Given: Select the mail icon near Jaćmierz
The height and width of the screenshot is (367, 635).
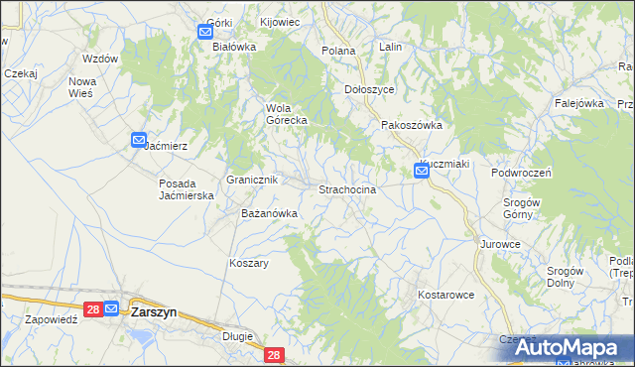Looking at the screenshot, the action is (x=139, y=141).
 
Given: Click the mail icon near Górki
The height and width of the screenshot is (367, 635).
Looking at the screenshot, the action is (x=205, y=31).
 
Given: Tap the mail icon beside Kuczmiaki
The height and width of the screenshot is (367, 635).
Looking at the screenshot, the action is (x=421, y=172).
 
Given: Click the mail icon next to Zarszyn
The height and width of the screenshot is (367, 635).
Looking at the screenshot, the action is (x=111, y=309).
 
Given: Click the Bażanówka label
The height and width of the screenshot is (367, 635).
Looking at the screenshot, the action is (x=270, y=213).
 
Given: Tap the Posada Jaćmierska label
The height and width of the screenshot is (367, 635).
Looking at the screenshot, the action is (x=187, y=189).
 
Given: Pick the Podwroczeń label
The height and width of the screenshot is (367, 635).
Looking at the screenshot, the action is (x=521, y=172).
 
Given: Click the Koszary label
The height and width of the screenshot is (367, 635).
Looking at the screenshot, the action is (x=249, y=263).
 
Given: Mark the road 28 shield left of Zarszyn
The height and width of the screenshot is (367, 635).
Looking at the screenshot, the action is (x=91, y=309).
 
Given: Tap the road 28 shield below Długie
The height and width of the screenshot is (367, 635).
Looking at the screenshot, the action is (x=275, y=354).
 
